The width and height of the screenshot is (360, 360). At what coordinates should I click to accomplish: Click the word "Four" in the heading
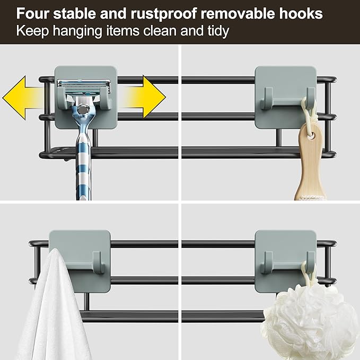[32, 13]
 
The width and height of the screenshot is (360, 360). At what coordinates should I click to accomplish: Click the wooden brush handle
[310, 164]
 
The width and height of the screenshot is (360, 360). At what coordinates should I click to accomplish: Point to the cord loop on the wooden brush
[307, 111]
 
